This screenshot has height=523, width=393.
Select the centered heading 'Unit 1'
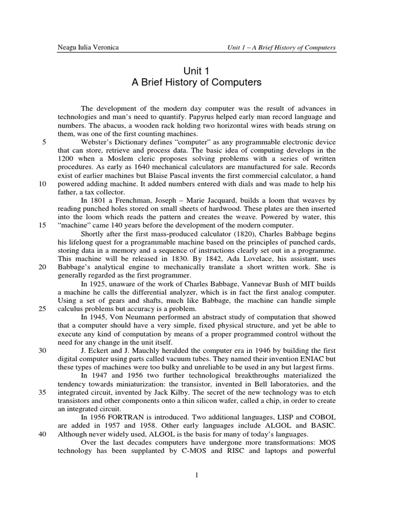coord(196,71)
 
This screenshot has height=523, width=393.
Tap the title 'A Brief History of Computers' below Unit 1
coord(196,82)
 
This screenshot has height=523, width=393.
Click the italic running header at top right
coord(281,48)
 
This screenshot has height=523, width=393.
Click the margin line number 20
coord(43,266)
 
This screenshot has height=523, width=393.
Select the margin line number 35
coord(43,391)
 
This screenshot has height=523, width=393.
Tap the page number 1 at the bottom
coord(196,476)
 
